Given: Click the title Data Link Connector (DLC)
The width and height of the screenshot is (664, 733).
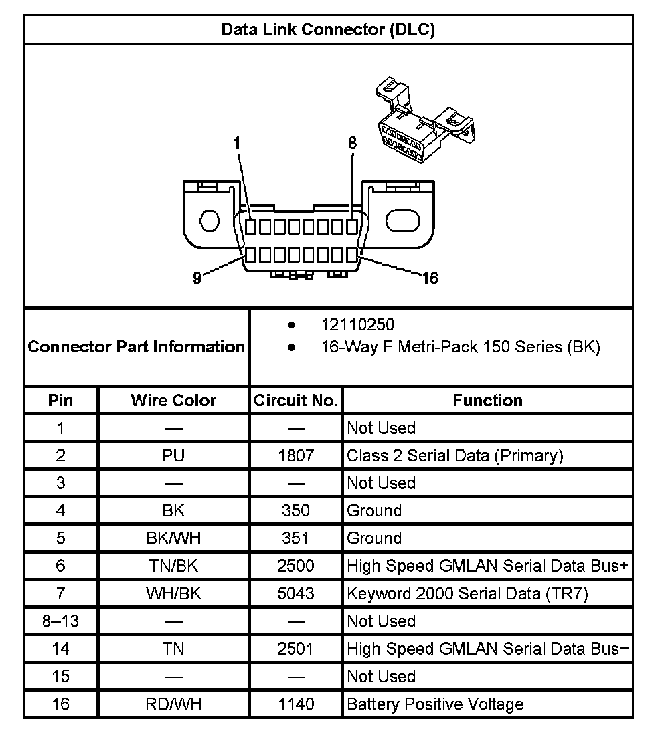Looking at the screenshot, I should pos(328,30).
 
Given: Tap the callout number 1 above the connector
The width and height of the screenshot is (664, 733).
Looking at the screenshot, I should pos(237,143).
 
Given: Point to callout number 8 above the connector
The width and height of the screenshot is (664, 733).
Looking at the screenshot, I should pos(353,143).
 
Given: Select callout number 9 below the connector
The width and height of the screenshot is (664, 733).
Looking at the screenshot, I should pos(197,278).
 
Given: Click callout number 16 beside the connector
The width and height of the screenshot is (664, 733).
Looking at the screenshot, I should pos(430,278).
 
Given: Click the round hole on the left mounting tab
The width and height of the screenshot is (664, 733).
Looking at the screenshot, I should pos(210,221).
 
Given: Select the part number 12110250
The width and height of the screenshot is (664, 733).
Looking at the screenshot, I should pos(358,325).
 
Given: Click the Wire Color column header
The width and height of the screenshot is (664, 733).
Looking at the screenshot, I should pos(173,401).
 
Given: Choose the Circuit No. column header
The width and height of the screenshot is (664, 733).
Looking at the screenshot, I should pos(295,401).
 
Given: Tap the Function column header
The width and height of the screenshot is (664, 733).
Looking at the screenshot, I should pos(487,401).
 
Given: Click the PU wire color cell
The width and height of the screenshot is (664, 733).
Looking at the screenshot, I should pos(173,456).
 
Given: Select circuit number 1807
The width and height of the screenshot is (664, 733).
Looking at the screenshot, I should pos(295,456).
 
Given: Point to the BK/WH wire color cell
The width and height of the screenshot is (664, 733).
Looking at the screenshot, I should pos(173,538).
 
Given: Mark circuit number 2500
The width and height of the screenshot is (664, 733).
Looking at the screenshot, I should pos(295,566).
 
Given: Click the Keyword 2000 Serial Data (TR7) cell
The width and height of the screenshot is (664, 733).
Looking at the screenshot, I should pos(467,594).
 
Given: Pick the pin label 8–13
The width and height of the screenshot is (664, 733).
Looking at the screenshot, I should pos(60,621).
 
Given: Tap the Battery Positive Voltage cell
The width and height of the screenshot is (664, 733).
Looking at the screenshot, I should pos(435,704).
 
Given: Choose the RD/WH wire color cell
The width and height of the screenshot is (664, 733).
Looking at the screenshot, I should pos(173,704).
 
